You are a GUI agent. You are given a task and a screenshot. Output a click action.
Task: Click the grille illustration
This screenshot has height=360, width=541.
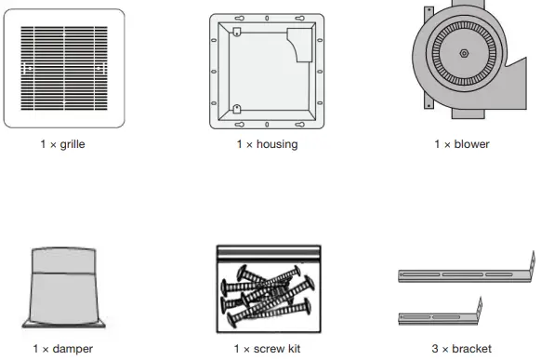click(x=63, y=69)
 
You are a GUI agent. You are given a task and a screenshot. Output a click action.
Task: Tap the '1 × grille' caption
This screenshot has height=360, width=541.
click(x=63, y=145)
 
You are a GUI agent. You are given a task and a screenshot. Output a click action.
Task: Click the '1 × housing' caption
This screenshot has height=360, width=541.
click(x=267, y=145)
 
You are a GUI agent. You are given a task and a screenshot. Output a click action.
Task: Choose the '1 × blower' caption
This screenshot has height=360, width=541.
click(x=462, y=145)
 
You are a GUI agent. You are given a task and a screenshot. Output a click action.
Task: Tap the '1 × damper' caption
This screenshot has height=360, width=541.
click(x=62, y=349)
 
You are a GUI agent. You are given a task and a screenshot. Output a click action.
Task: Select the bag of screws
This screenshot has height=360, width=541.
click(x=268, y=288)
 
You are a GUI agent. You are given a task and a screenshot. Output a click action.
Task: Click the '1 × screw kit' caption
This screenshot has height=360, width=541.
click(x=267, y=349)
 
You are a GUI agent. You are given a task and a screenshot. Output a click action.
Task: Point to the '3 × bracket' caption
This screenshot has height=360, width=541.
click(x=462, y=349)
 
